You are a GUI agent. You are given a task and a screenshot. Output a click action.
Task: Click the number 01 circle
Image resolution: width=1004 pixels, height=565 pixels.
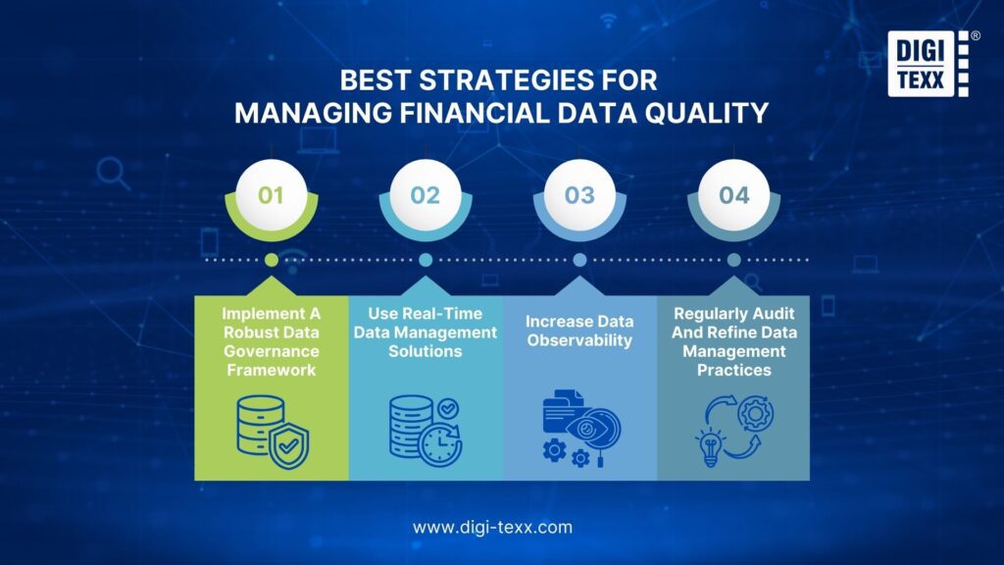tap(271, 195)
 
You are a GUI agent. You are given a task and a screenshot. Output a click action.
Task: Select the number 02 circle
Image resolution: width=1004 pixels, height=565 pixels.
tap(426, 195)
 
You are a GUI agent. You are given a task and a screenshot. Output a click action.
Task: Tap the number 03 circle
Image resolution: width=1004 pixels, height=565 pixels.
tap(579, 195)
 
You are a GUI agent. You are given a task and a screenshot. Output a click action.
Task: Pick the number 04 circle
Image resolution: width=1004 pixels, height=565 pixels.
tap(733, 195)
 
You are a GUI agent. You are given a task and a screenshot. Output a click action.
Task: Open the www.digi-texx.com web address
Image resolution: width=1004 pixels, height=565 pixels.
tap(492, 527)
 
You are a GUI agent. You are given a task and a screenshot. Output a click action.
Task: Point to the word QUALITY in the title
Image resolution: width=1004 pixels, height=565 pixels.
tap(704, 113)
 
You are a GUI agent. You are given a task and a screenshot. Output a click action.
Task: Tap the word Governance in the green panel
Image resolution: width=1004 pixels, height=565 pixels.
tap(271, 351)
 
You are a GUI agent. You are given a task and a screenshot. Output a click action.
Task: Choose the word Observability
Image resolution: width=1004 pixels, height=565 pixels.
tap(579, 340)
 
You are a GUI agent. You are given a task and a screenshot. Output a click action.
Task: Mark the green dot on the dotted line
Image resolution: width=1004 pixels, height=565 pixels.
tap(271, 260)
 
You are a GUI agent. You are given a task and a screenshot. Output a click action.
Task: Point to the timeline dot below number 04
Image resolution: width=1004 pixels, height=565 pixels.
tap(733, 260)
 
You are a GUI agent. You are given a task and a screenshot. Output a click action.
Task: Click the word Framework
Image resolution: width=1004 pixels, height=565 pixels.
tap(271, 370)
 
